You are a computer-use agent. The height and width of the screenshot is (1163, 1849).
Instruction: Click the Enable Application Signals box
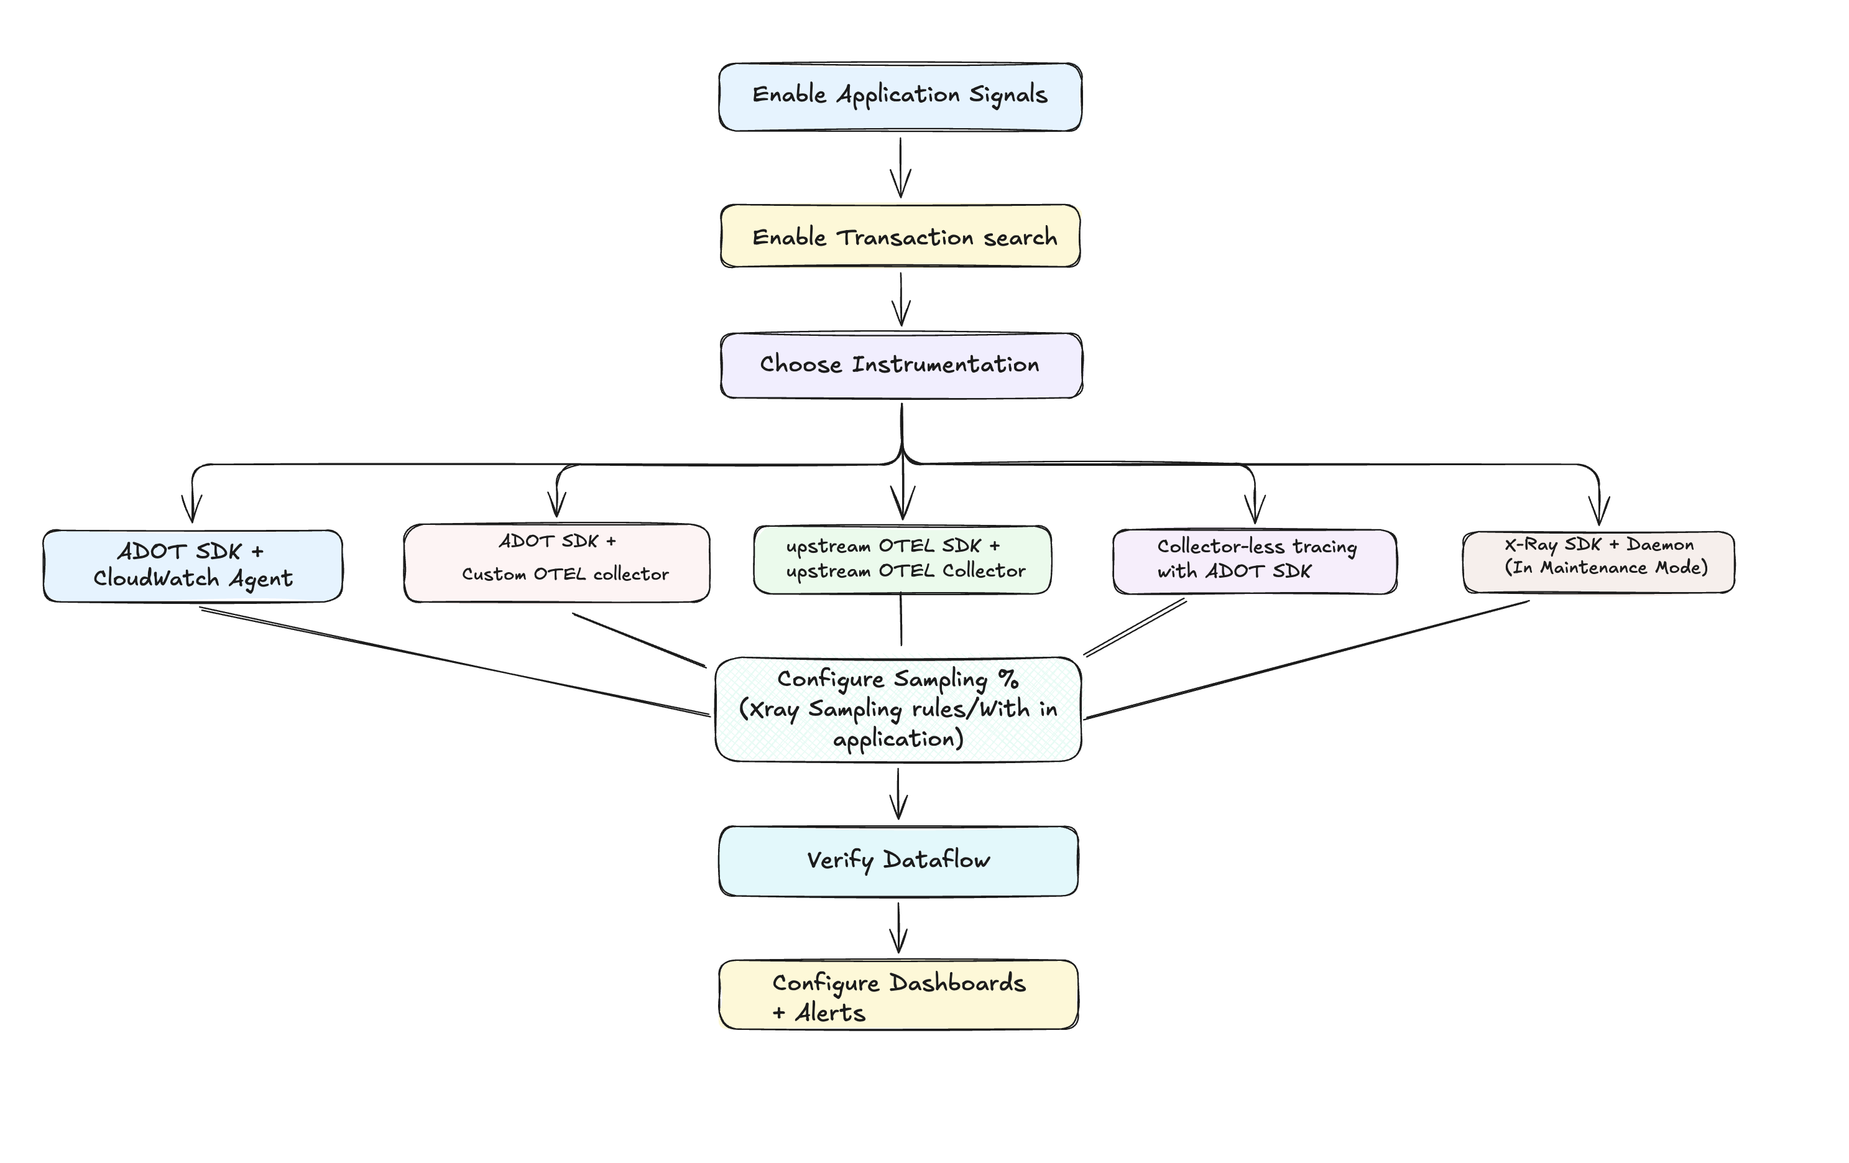900,97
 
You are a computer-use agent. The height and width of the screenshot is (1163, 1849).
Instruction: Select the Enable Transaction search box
900,236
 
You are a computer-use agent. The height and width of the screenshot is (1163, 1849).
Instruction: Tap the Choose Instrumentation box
900,365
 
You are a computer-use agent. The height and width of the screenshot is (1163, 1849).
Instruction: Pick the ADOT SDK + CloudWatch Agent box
193,565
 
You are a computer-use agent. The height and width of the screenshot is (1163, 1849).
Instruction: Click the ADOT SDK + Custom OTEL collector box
556,563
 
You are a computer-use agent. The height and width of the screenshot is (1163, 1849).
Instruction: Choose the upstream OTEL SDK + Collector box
903,559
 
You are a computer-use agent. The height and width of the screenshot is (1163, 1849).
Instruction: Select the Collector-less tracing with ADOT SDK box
1255,561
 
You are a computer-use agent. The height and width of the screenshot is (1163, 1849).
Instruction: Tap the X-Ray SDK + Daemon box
1598,562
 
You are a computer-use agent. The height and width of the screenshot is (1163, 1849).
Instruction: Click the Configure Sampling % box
898,709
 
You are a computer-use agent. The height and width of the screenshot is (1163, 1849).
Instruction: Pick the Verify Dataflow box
898,860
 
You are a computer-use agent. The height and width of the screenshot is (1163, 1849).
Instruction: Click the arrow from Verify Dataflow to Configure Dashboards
898,928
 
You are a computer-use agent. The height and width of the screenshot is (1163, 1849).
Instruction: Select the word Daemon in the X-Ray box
1659,545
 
